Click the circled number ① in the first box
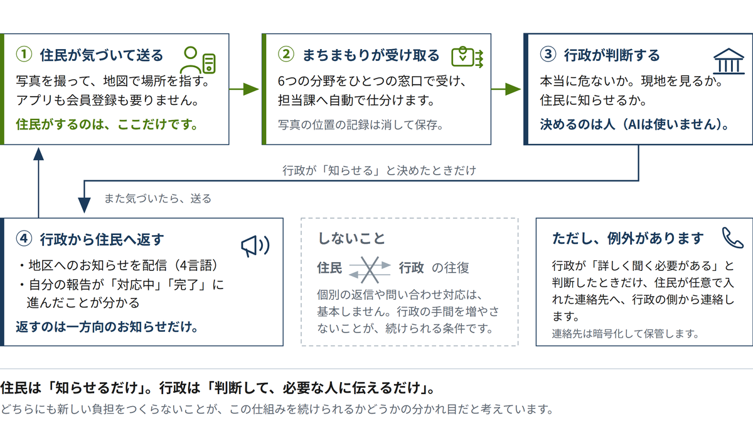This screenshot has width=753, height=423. (24, 54)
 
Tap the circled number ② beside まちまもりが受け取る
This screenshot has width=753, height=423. (286, 54)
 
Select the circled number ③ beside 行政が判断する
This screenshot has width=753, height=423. (548, 54)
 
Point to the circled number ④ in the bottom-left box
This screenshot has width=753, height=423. (24, 238)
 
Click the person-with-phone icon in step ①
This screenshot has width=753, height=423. (198, 60)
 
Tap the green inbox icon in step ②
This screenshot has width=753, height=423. (467, 57)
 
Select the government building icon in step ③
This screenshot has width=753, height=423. (729, 61)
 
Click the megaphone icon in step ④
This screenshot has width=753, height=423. (255, 246)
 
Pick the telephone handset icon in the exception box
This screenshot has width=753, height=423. (732, 238)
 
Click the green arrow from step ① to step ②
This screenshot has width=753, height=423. (244, 89)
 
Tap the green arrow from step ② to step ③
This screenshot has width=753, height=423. (506, 89)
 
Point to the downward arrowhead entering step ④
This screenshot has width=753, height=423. (84, 205)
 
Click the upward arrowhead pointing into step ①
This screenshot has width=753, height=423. (39, 154)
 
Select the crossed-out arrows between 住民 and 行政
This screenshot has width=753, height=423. (370, 270)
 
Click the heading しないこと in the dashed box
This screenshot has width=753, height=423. (351, 238)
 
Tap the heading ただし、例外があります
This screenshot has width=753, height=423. (627, 238)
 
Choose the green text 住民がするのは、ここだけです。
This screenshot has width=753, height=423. (107, 124)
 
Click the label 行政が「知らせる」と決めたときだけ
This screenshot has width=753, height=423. (379, 170)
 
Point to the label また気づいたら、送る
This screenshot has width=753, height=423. (158, 199)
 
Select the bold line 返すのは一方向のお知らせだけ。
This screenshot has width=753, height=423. (107, 327)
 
